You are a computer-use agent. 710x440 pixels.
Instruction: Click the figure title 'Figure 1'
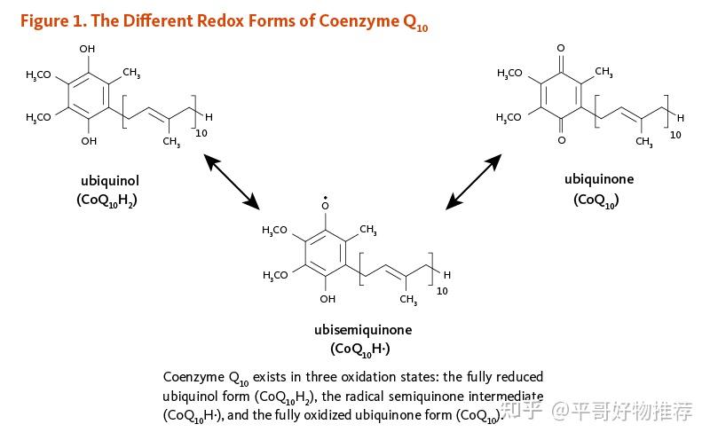point(53,21)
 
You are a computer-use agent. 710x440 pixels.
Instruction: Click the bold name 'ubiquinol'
point(110,181)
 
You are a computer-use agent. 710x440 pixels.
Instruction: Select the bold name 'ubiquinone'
point(598,179)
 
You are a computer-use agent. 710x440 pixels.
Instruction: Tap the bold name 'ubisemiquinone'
point(363,329)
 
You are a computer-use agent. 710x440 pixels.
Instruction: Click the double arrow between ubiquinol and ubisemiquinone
point(232,182)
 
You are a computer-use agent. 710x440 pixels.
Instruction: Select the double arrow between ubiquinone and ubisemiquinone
point(474,182)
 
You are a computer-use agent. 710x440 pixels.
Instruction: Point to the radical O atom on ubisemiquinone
point(325,205)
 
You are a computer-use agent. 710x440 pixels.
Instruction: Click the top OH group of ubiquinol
point(87,49)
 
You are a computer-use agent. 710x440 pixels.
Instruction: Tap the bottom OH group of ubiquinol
point(89,141)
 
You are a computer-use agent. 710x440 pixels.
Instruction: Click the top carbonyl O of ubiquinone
point(561,48)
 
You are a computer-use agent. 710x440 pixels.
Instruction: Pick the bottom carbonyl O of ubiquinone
point(562,140)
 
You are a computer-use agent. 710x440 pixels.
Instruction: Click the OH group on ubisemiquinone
point(327,299)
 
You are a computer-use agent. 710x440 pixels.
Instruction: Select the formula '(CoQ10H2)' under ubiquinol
point(106,200)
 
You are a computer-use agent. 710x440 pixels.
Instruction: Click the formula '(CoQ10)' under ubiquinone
point(596,200)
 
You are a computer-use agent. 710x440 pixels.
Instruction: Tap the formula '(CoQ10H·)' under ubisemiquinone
point(360,350)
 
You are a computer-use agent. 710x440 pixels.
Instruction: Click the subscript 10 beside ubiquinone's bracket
point(675,135)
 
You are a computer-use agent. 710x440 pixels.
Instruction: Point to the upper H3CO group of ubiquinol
point(38,75)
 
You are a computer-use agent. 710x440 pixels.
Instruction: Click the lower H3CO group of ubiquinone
point(509,118)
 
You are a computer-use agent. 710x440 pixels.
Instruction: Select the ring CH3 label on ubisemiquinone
point(368,230)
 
